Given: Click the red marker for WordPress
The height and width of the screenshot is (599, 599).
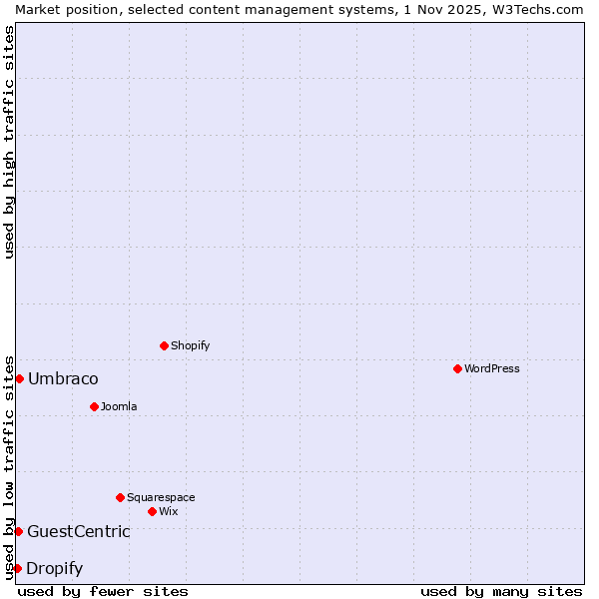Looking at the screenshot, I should pyautogui.click(x=457, y=368).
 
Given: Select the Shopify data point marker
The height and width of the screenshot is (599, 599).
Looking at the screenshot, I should pyautogui.click(x=164, y=345).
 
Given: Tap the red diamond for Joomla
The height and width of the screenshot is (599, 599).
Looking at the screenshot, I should pyautogui.click(x=94, y=406).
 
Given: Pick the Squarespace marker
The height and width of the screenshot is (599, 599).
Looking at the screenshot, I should pyautogui.click(x=120, y=497).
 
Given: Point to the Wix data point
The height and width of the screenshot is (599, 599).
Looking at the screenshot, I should pyautogui.click(x=152, y=511).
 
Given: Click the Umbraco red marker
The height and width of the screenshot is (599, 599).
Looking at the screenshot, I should pyautogui.click(x=19, y=378).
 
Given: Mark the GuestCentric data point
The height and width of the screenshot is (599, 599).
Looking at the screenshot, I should pyautogui.click(x=18, y=531).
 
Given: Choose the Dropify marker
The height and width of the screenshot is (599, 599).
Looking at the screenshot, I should pyautogui.click(x=17, y=568).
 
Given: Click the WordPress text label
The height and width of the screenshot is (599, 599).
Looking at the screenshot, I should pyautogui.click(x=492, y=368).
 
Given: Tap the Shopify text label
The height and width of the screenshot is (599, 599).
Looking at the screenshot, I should pyautogui.click(x=190, y=345).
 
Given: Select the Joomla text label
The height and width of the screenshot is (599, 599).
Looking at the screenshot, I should pyautogui.click(x=119, y=406).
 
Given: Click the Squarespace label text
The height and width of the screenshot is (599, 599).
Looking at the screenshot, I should pyautogui.click(x=161, y=497).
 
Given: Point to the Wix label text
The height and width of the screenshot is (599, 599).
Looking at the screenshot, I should pyautogui.click(x=168, y=511).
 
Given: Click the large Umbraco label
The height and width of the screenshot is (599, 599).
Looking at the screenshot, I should pyautogui.click(x=63, y=378).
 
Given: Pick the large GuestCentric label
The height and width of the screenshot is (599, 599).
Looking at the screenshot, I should pyautogui.click(x=79, y=531).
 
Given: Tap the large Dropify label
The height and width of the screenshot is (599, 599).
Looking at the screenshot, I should pyautogui.click(x=55, y=568).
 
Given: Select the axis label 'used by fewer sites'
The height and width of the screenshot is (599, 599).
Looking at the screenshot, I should pyautogui.click(x=103, y=591).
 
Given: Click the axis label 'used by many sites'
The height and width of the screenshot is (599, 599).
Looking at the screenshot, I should pyautogui.click(x=501, y=591).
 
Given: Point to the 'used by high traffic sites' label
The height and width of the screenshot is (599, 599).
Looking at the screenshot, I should pyautogui.click(x=10, y=142).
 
